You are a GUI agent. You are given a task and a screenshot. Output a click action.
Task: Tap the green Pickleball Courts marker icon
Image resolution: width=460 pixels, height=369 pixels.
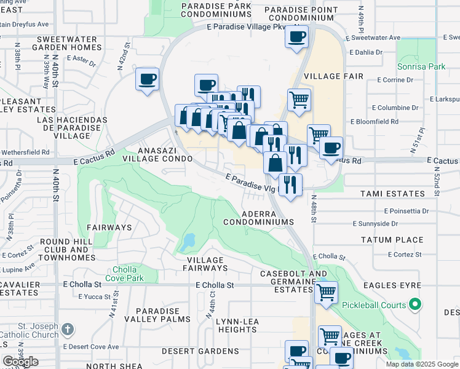414,305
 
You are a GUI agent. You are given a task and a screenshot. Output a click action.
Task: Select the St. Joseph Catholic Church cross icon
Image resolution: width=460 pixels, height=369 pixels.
68,330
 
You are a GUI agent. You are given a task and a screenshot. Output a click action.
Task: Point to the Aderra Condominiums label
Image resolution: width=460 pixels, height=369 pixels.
258,217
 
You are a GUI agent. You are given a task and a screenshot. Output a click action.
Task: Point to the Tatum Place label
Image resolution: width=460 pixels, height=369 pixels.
392,240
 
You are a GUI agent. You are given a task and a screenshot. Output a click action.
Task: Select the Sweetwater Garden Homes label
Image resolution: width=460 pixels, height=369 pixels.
66,42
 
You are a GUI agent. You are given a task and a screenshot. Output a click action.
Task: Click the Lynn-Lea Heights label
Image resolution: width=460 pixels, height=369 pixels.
232,325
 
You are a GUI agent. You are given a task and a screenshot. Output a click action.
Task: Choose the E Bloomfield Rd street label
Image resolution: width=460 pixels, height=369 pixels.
375,122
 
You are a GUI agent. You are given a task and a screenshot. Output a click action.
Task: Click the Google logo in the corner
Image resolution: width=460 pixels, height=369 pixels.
21,361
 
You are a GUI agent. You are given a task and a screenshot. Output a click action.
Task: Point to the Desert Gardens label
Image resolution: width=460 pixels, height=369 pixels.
200,351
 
